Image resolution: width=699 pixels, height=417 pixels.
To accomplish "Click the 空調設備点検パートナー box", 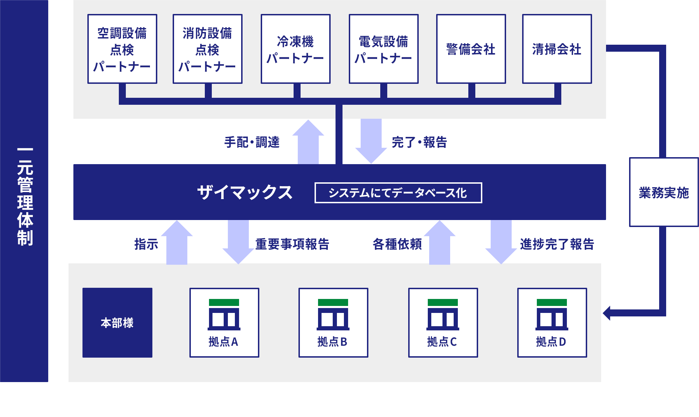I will [122, 49].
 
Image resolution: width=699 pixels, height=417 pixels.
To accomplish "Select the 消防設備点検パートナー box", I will [207, 49].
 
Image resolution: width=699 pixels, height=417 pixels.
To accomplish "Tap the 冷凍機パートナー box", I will [295, 49].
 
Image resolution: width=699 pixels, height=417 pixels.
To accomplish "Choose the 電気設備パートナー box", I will [383, 49].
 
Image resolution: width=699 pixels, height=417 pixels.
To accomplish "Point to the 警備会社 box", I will [471, 49].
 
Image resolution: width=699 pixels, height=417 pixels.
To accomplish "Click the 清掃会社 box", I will [557, 49].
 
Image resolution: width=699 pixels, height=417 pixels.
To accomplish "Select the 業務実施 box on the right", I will [664, 192].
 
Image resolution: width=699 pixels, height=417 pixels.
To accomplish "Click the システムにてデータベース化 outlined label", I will [398, 193].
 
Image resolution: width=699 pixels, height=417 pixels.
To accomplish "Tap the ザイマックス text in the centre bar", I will [245, 192].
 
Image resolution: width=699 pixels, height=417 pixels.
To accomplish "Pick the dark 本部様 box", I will [117, 322].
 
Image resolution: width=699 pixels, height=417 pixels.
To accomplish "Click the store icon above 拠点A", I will [224, 314].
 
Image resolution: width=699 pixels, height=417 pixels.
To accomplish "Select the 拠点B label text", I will [332, 342].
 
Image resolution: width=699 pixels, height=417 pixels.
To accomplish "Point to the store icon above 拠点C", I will [443, 314].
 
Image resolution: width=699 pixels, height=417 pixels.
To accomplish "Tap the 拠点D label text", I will [551, 342].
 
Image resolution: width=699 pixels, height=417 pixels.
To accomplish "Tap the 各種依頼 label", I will [397, 244].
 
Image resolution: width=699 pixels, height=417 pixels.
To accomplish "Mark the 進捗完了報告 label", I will [557, 244].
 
